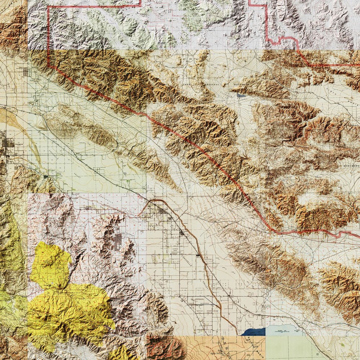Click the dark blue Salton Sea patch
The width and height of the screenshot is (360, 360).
pos(254,332)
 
